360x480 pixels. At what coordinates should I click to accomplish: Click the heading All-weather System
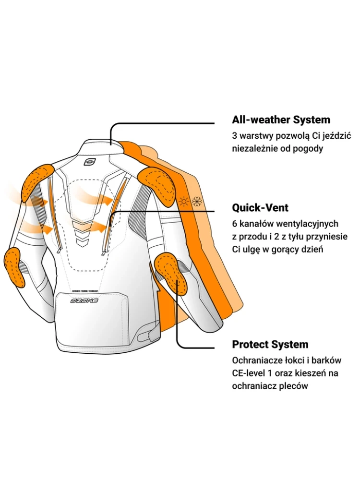pyautogui.click(x=281, y=120)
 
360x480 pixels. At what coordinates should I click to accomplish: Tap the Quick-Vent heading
pyautogui.click(x=260, y=208)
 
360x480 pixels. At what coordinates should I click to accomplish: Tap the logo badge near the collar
pyautogui.click(x=89, y=161)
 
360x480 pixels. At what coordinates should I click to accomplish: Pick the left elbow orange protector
pyautogui.click(x=14, y=266)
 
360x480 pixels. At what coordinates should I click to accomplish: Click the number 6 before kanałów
pyautogui.click(x=235, y=224)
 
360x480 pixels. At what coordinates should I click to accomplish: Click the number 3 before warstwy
pyautogui.click(x=235, y=136)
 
